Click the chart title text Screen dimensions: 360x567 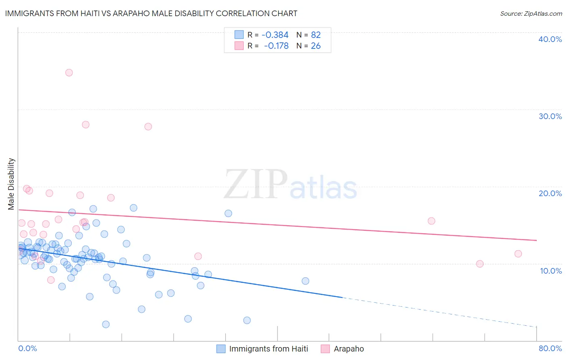point(151,14)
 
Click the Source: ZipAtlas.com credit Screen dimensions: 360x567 point(531,14)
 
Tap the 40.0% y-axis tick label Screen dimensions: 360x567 point(550,39)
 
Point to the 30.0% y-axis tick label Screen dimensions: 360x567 point(550,116)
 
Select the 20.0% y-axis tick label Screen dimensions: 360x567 point(550,193)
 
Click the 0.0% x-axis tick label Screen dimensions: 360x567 point(27,348)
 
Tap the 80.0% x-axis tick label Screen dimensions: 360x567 point(550,348)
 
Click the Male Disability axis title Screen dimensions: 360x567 point(11,184)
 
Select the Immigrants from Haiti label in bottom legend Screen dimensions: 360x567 point(269,349)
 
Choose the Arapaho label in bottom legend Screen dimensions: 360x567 point(349,349)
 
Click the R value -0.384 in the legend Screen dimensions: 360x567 point(275,35)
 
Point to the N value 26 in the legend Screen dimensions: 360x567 point(316,46)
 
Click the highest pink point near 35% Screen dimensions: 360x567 point(69,73)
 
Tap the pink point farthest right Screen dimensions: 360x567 point(518,254)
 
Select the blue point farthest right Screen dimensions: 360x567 point(305,281)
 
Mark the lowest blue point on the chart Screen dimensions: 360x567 point(106,324)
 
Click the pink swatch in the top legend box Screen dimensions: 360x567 point(239,46)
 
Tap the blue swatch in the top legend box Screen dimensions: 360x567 point(239,35)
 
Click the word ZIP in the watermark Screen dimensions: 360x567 point(255,185)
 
